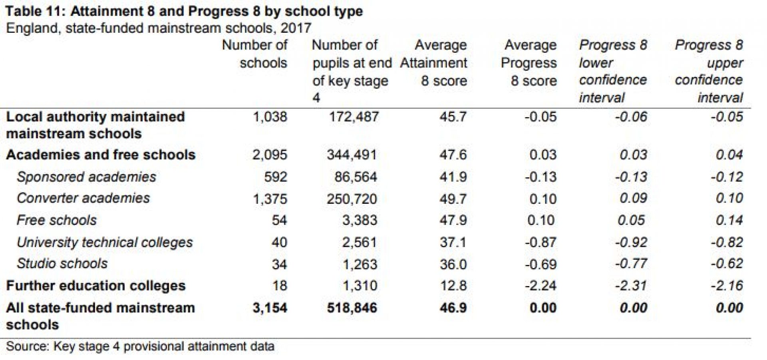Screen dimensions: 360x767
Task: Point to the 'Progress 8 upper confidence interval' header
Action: point(709,71)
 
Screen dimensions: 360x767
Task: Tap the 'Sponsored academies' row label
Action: point(86,177)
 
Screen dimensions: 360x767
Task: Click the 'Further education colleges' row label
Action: point(96,286)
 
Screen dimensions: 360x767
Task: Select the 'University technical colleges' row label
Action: point(105,242)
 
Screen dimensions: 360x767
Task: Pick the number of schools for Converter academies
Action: point(270,199)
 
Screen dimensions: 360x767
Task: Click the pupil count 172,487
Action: point(354,117)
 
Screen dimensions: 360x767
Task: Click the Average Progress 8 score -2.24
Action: point(540,286)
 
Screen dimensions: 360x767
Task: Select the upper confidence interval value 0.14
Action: point(729,220)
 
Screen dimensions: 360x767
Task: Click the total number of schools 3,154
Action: point(270,308)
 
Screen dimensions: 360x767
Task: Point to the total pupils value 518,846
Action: point(352,308)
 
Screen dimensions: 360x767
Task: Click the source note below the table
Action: point(140,346)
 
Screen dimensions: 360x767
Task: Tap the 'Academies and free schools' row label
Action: point(101,155)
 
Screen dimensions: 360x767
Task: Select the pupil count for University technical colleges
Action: point(359,242)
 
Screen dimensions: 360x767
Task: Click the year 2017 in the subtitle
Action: point(296,28)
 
